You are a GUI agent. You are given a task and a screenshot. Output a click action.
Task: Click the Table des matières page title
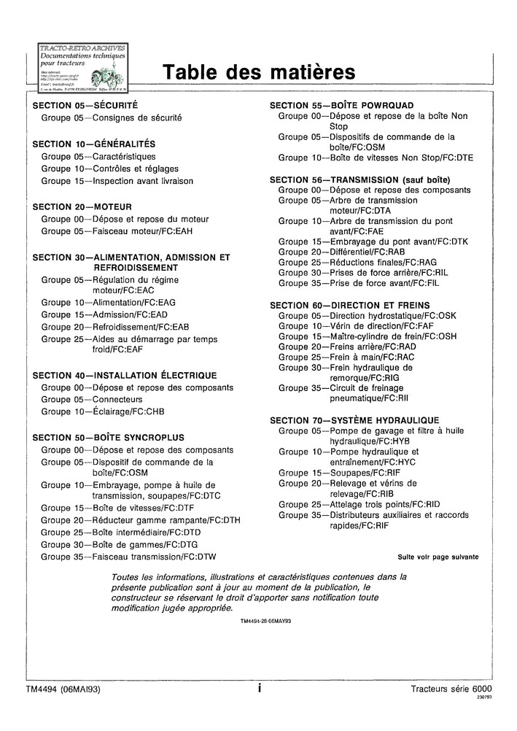(258, 72)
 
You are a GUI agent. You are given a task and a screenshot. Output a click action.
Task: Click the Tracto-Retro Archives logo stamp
(82, 67)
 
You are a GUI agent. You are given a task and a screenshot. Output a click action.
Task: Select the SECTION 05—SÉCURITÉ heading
(85, 106)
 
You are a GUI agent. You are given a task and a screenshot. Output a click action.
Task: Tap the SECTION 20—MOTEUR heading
(82, 206)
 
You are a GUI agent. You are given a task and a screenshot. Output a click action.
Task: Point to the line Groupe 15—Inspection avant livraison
(117, 181)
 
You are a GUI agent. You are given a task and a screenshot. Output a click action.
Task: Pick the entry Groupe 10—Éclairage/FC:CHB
(103, 412)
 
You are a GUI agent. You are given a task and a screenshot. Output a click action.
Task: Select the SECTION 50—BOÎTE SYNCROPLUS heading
(109, 438)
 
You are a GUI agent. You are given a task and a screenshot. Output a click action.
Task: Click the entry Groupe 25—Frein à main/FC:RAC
(346, 357)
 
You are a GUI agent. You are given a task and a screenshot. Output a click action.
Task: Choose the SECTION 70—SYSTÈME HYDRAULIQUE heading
(354, 420)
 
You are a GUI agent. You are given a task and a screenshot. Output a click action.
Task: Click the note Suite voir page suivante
(438, 557)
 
